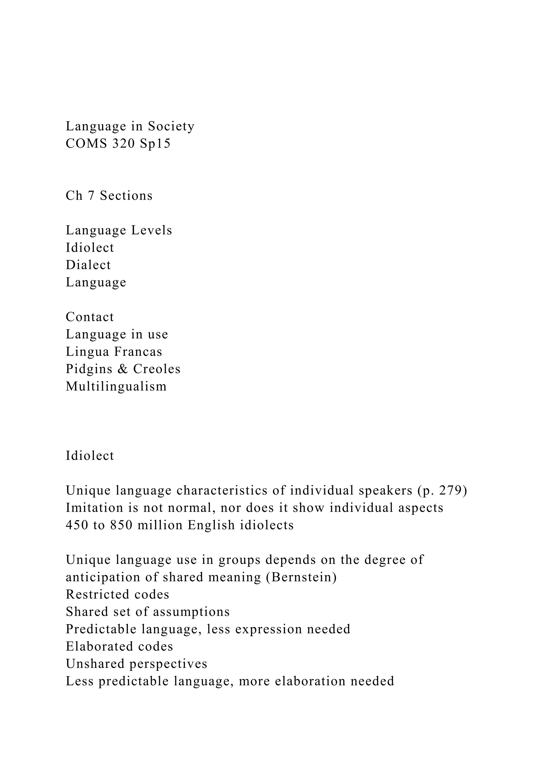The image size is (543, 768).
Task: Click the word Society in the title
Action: [x=171, y=126]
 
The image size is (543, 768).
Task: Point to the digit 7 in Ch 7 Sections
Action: [x=91, y=196]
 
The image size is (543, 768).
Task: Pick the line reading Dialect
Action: [x=88, y=265]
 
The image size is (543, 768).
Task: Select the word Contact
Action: [x=90, y=317]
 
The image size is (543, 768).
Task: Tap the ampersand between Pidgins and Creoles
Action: [x=123, y=369]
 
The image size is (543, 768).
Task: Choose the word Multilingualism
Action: [x=116, y=386]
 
